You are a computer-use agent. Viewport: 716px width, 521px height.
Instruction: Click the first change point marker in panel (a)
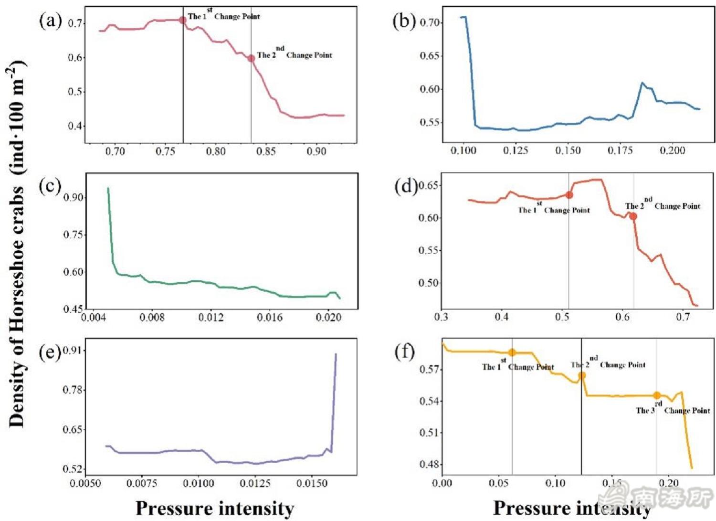182,20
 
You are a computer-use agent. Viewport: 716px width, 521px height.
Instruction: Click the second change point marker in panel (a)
251,58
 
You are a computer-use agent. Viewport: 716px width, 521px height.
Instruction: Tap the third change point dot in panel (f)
657,395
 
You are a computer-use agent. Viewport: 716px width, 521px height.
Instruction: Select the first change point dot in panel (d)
569,195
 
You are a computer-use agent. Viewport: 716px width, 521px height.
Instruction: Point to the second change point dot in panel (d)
633,216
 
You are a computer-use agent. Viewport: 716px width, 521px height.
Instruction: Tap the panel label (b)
404,21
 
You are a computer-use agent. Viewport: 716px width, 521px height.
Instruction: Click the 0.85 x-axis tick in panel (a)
266,151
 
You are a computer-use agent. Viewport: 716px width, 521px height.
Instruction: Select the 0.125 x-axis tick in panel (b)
516,150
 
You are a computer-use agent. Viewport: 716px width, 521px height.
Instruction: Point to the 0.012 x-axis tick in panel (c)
211,317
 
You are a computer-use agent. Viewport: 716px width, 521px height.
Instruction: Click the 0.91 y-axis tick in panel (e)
73,351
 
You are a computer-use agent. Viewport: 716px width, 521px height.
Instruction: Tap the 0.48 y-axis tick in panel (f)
429,464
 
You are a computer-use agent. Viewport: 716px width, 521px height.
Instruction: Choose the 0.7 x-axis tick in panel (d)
683,317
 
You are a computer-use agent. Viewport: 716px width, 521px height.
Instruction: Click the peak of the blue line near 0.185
642,83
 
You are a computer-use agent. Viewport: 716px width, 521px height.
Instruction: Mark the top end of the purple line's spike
336,354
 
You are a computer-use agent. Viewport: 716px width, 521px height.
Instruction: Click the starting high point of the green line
108,189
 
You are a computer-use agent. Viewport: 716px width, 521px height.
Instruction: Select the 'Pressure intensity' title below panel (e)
215,509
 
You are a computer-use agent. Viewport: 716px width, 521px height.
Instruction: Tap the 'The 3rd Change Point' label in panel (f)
673,410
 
